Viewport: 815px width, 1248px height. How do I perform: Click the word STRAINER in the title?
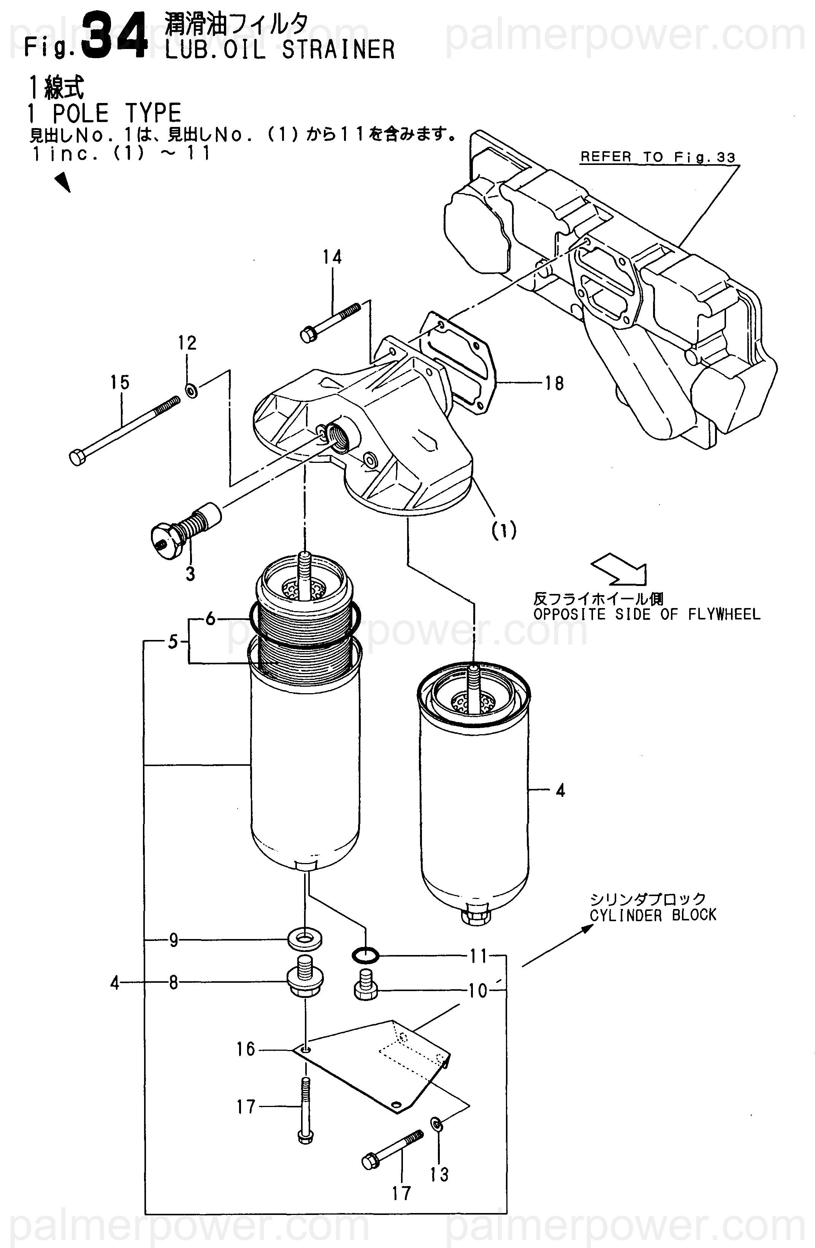[x=338, y=50]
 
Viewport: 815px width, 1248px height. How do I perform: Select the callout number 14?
[x=332, y=257]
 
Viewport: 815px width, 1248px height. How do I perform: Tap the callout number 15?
[x=120, y=382]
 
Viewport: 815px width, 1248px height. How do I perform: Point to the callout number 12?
[x=187, y=343]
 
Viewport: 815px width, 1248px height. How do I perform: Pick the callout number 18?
[x=554, y=383]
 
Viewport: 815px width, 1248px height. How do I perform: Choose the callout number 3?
[x=190, y=574]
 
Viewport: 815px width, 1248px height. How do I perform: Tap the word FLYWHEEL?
[x=724, y=614]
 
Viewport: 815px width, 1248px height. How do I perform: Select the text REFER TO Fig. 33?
[x=658, y=157]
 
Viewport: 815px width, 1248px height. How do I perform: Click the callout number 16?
[x=246, y=1049]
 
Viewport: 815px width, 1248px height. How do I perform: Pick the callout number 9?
[x=174, y=940]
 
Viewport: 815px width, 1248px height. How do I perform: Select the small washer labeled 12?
[x=192, y=390]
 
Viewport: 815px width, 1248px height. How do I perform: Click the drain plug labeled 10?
[x=366, y=985]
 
